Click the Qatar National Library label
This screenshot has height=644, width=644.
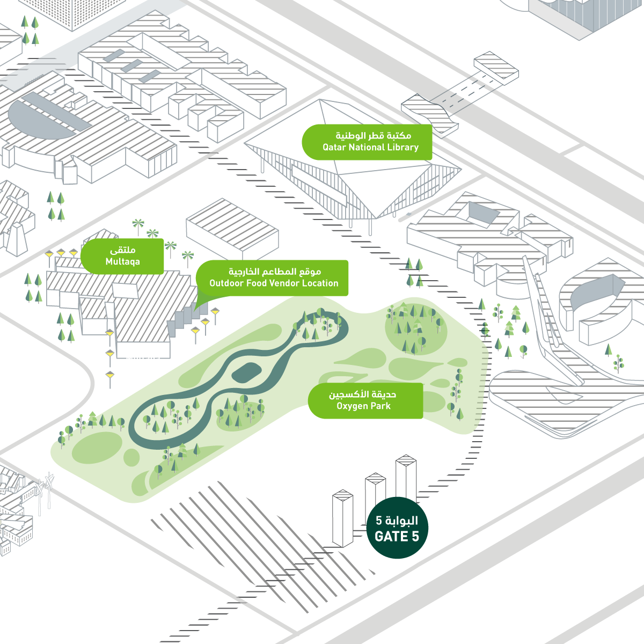coord(367,142)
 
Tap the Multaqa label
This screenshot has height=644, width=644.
coord(122,257)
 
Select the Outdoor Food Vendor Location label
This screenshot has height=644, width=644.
coord(272,278)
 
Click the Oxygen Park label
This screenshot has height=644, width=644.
coord(365,401)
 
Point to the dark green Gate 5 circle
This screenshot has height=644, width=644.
coord(397,528)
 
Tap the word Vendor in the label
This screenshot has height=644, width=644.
coord(284,283)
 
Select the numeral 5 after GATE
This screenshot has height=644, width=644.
coord(415,536)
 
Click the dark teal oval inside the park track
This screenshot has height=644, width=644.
coord(247,372)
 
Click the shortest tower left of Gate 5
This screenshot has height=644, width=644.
coord(342,518)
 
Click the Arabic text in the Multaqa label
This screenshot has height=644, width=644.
coord(123,250)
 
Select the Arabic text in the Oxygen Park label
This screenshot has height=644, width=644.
coord(363,394)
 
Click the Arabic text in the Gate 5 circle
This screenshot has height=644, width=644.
coord(397,521)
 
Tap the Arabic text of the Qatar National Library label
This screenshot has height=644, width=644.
coord(374,136)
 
